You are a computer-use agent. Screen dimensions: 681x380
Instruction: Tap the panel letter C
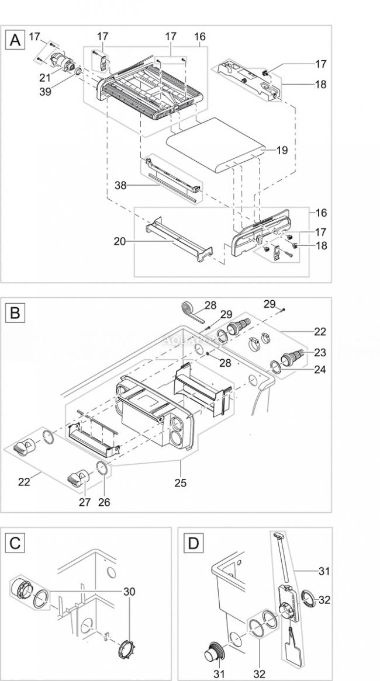click(x=16, y=543)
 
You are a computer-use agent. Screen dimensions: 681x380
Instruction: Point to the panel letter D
click(x=193, y=543)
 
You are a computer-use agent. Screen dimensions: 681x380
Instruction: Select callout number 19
click(x=282, y=150)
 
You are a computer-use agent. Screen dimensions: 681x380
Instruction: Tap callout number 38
click(x=120, y=186)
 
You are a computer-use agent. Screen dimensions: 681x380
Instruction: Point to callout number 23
click(x=319, y=353)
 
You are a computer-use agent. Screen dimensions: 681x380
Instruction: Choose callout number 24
click(x=319, y=369)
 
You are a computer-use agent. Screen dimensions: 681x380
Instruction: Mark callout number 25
click(x=181, y=482)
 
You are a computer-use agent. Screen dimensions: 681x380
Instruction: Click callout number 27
click(x=85, y=502)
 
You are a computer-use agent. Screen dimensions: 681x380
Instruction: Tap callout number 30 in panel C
click(x=129, y=592)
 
